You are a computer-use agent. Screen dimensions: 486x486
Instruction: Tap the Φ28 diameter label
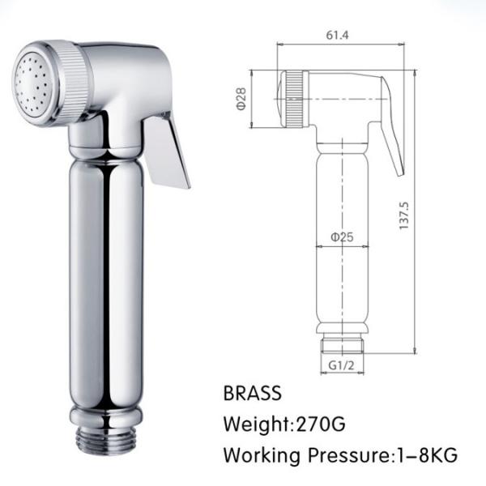241,99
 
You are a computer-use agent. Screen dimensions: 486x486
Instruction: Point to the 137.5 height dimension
405,215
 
